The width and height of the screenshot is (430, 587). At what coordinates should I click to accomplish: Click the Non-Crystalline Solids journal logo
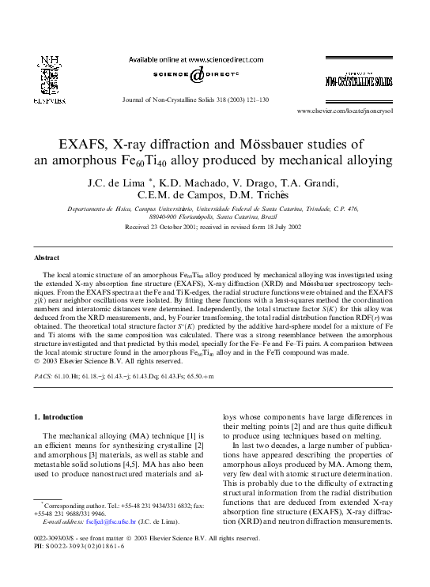pyautogui.click(x=357, y=81)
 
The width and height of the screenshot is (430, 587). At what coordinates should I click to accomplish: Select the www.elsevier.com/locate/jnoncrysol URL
pyautogui.click(x=356, y=112)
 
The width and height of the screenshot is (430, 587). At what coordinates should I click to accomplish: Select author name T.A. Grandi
pyautogui.click(x=309, y=183)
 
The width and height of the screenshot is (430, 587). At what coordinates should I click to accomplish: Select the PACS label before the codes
pyautogui.click(x=43, y=377)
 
